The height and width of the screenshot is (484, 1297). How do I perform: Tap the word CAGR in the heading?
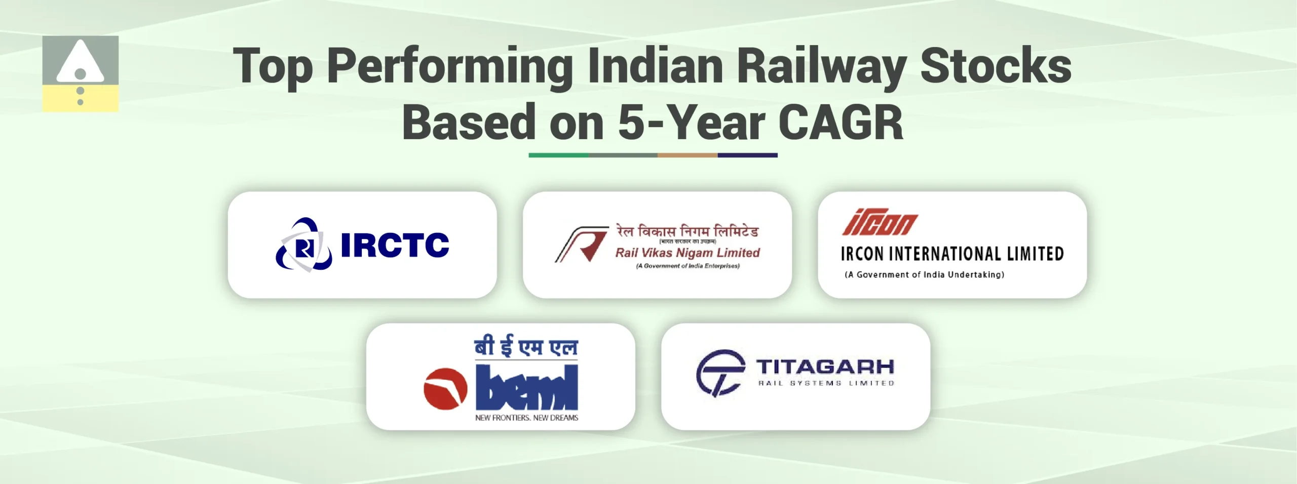pyautogui.click(x=841, y=123)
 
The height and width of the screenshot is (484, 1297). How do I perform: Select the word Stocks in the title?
pyautogui.click(x=996, y=66)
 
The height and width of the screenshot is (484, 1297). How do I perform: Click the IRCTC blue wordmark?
pyautogui.click(x=395, y=245)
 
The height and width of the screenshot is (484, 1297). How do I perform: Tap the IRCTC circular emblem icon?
pyautogui.click(x=303, y=245)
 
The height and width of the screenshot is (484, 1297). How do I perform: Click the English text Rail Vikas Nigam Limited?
pyautogui.click(x=688, y=253)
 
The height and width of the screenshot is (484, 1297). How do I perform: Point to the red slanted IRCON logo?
pyautogui.click(x=880, y=223)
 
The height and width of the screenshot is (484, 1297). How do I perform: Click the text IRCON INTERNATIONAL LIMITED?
pyautogui.click(x=952, y=254)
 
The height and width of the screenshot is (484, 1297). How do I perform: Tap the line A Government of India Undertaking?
pyautogui.click(x=924, y=275)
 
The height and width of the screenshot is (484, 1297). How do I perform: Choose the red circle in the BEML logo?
pyautogui.click(x=445, y=389)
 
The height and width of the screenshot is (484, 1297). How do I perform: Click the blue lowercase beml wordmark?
pyautogui.click(x=527, y=388)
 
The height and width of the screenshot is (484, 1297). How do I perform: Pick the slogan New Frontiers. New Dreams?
pyautogui.click(x=526, y=418)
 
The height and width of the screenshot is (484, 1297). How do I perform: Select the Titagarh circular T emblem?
pyautogui.click(x=720, y=373)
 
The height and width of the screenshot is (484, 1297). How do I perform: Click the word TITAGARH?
pyautogui.click(x=825, y=367)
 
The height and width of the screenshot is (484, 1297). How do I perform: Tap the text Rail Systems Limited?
pyautogui.click(x=826, y=383)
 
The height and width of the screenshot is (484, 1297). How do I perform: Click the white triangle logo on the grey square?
pyautogui.click(x=80, y=63)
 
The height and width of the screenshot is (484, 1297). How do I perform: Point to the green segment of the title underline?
pyautogui.click(x=558, y=155)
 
